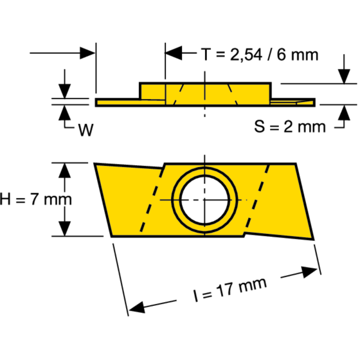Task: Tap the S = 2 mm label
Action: [x=289, y=127]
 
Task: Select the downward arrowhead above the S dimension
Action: [x=344, y=76]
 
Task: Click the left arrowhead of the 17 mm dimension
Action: [x=136, y=307]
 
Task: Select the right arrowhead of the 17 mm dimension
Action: [x=310, y=271]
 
